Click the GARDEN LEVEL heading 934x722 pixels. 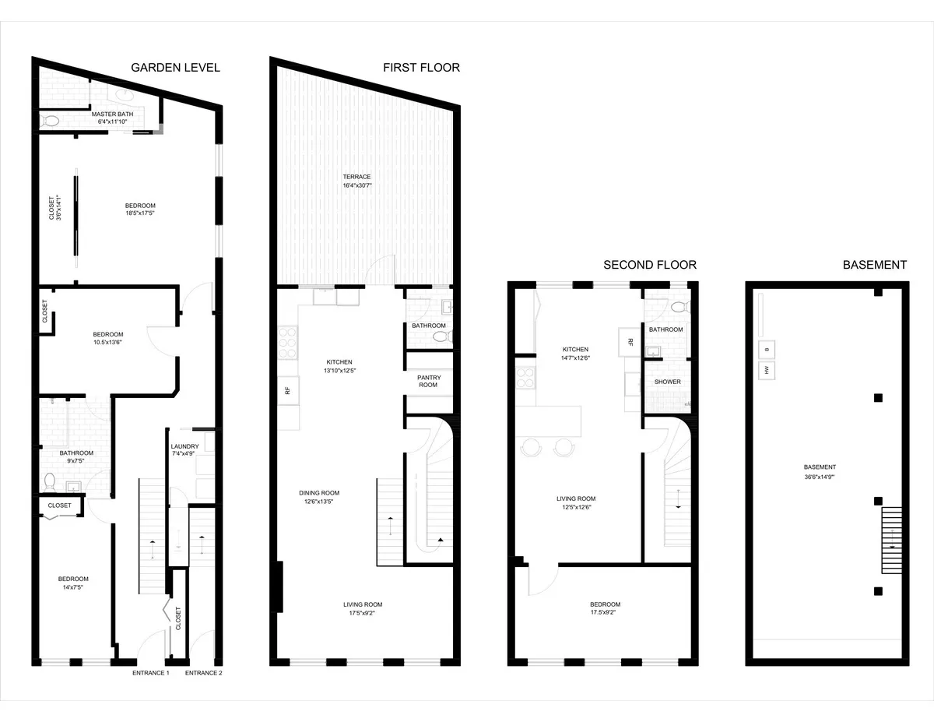pos(175,68)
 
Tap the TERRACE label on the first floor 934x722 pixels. pos(356,177)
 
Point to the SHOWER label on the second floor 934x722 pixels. pos(667,382)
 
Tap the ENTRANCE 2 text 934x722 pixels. pos(203,673)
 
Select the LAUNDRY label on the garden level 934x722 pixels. pos(185,446)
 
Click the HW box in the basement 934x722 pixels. pos(766,371)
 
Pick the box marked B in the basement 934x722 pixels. pos(766,349)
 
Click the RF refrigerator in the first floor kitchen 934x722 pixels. pos(287,390)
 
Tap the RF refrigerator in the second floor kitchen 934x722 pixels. pos(630,341)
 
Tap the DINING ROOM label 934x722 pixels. pos(319,493)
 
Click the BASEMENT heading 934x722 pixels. pos(874,265)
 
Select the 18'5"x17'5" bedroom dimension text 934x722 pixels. pos(140,213)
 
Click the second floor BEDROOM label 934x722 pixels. pos(605,604)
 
